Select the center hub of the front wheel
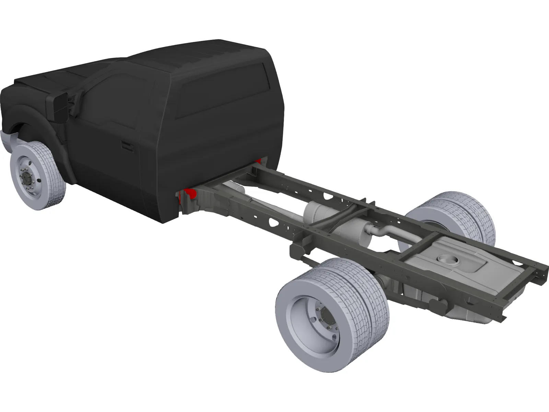click(x=26, y=177)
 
